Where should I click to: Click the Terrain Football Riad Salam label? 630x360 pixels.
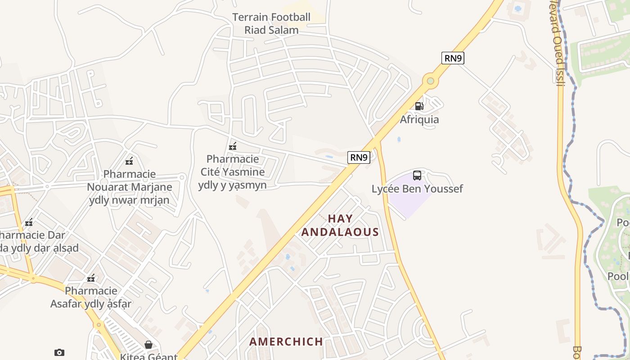click(x=271, y=24)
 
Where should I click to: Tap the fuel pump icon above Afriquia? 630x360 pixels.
click(x=419, y=106)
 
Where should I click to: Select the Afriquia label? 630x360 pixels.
click(x=419, y=120)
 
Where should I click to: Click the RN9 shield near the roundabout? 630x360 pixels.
click(x=452, y=58)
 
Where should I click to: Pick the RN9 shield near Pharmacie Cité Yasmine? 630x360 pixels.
click(x=359, y=157)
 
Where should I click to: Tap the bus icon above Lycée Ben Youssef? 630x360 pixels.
click(x=417, y=175)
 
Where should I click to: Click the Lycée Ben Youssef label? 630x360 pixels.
click(x=417, y=189)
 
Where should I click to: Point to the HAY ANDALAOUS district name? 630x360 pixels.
click(x=340, y=225)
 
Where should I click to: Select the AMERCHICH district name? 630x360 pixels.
click(x=286, y=342)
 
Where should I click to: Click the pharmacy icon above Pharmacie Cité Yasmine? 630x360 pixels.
click(x=233, y=146)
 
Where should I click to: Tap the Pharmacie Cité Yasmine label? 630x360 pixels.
click(x=232, y=172)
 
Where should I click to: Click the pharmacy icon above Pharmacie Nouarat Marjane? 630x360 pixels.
click(x=129, y=161)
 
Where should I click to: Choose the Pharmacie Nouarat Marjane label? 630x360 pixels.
click(x=129, y=187)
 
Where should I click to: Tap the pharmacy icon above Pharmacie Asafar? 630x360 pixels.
click(x=91, y=278)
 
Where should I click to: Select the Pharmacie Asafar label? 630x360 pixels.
click(x=91, y=297)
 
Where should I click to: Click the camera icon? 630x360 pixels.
click(x=59, y=352)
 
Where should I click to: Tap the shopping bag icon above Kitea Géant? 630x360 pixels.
click(x=148, y=345)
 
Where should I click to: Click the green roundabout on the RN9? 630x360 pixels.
click(x=431, y=81)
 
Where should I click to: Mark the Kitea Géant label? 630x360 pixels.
click(x=148, y=356)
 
